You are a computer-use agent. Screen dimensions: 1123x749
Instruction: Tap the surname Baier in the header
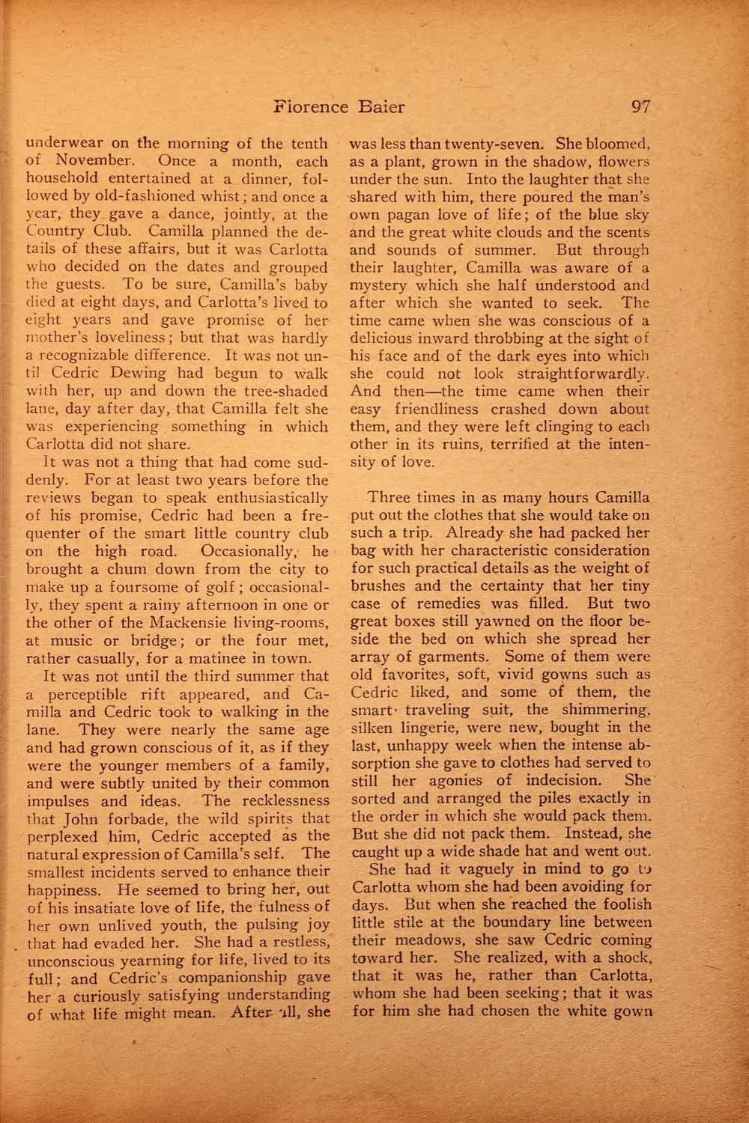pos(378,106)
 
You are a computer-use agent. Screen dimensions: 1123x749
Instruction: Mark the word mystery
pos(382,285)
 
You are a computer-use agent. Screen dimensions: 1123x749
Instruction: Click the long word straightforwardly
pos(570,374)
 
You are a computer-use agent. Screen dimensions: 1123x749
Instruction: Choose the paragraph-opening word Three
pos(391,498)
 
